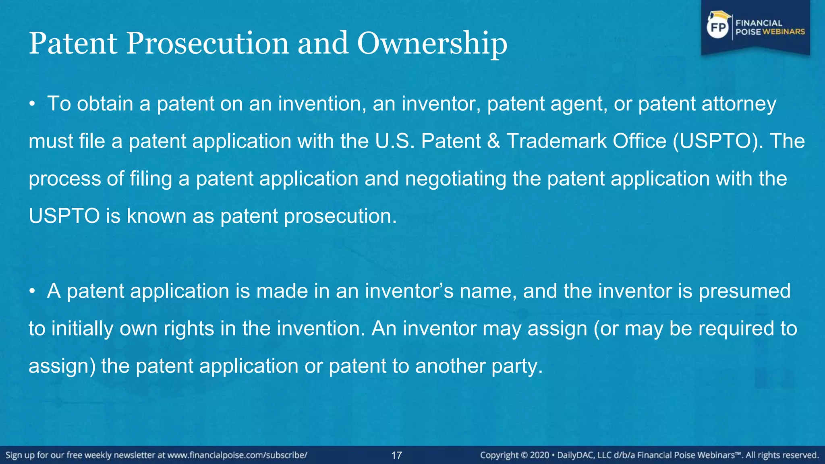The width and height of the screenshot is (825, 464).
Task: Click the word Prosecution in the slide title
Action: pyautogui.click(x=207, y=43)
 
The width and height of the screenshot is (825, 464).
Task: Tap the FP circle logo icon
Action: pyautogui.click(x=718, y=27)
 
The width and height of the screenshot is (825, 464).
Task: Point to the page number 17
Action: pyautogui.click(x=396, y=456)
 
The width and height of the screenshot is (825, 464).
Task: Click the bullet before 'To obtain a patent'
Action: pyautogui.click(x=32, y=104)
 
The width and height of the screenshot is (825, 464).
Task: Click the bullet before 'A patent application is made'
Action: pyautogui.click(x=32, y=292)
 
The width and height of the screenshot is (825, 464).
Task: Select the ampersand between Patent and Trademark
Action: pyautogui.click(x=493, y=141)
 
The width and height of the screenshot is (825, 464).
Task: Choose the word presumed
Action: pyautogui.click(x=744, y=292)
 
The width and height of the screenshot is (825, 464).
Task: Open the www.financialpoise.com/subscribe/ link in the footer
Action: pyautogui.click(x=237, y=455)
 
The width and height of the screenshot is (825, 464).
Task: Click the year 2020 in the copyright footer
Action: pyautogui.click(x=539, y=455)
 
